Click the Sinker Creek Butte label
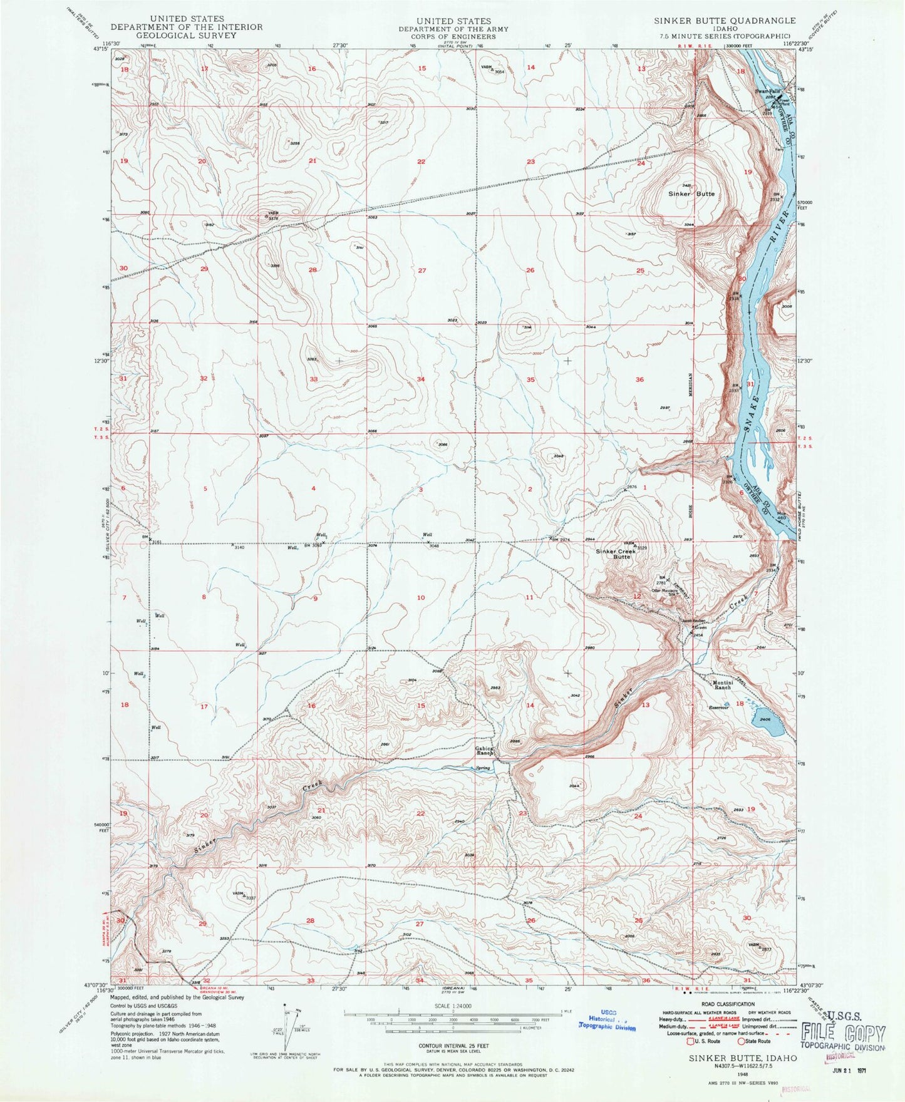pos(613,554)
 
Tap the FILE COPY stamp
pos(844,1034)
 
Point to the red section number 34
pos(421,379)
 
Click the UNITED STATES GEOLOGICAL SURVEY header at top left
pos(187,27)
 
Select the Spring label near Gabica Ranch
pos(483,768)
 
